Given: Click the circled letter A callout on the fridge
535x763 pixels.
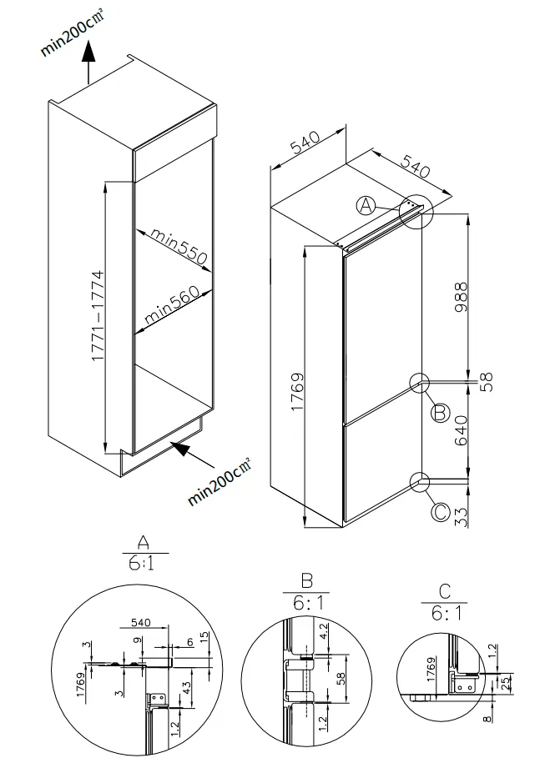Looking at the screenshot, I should click(366, 206).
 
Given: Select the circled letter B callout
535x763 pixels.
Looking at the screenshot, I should click(441, 411).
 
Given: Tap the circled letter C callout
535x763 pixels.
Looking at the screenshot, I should click(440, 511).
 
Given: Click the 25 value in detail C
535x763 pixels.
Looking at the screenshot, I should click(507, 683).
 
